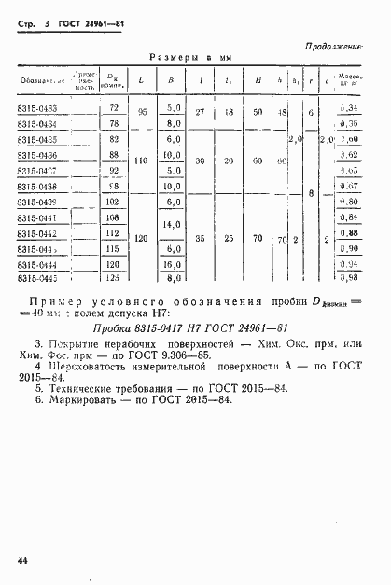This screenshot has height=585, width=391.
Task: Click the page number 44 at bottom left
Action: tap(21, 558)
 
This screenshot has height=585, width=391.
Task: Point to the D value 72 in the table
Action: tap(113, 109)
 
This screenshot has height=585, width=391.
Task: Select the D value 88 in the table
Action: tap(113, 156)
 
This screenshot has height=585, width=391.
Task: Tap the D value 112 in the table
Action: tap(113, 232)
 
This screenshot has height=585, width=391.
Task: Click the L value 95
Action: tap(143, 115)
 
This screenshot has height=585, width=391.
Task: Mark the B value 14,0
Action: tap(173, 225)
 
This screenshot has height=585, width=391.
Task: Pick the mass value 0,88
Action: tap(350, 232)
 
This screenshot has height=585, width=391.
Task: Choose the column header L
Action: tap(140, 82)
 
